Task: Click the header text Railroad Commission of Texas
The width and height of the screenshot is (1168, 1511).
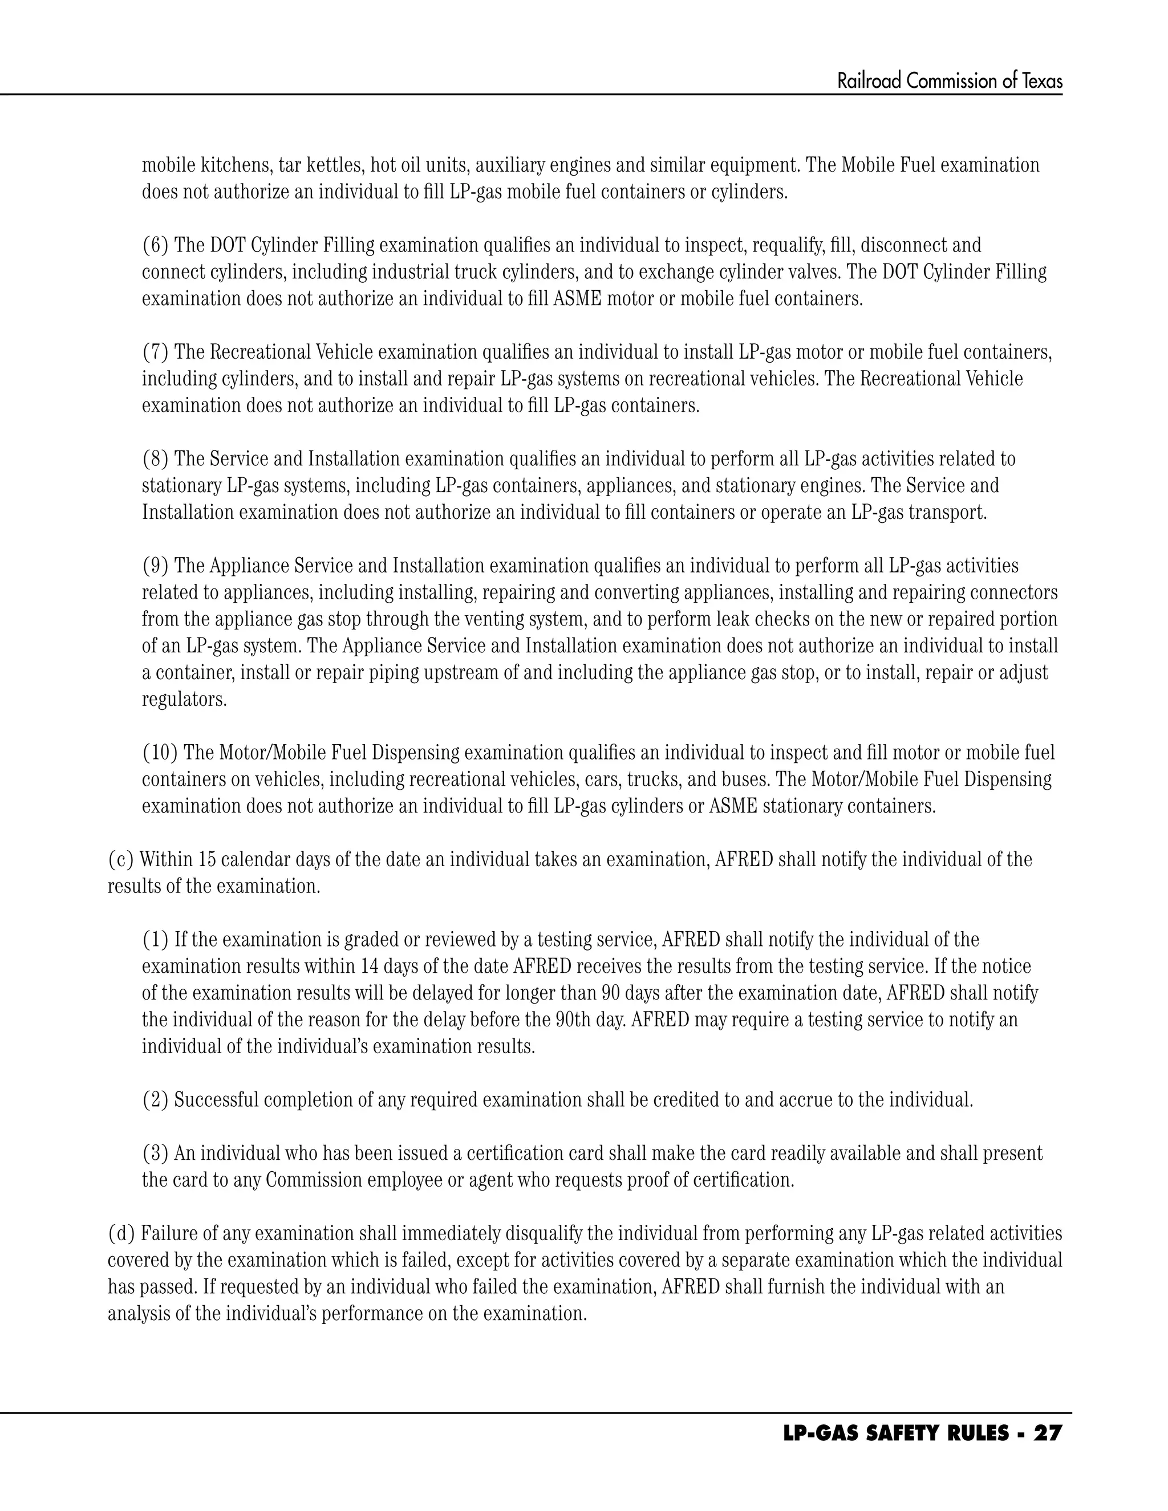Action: (950, 82)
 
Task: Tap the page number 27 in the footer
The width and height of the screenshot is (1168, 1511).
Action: (1047, 1434)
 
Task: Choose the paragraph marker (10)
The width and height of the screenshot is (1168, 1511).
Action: (160, 753)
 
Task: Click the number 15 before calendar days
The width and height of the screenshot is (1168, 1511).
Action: (207, 860)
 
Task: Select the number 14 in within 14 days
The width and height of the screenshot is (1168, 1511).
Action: (367, 966)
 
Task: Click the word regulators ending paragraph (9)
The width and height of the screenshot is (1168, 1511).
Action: (184, 700)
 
